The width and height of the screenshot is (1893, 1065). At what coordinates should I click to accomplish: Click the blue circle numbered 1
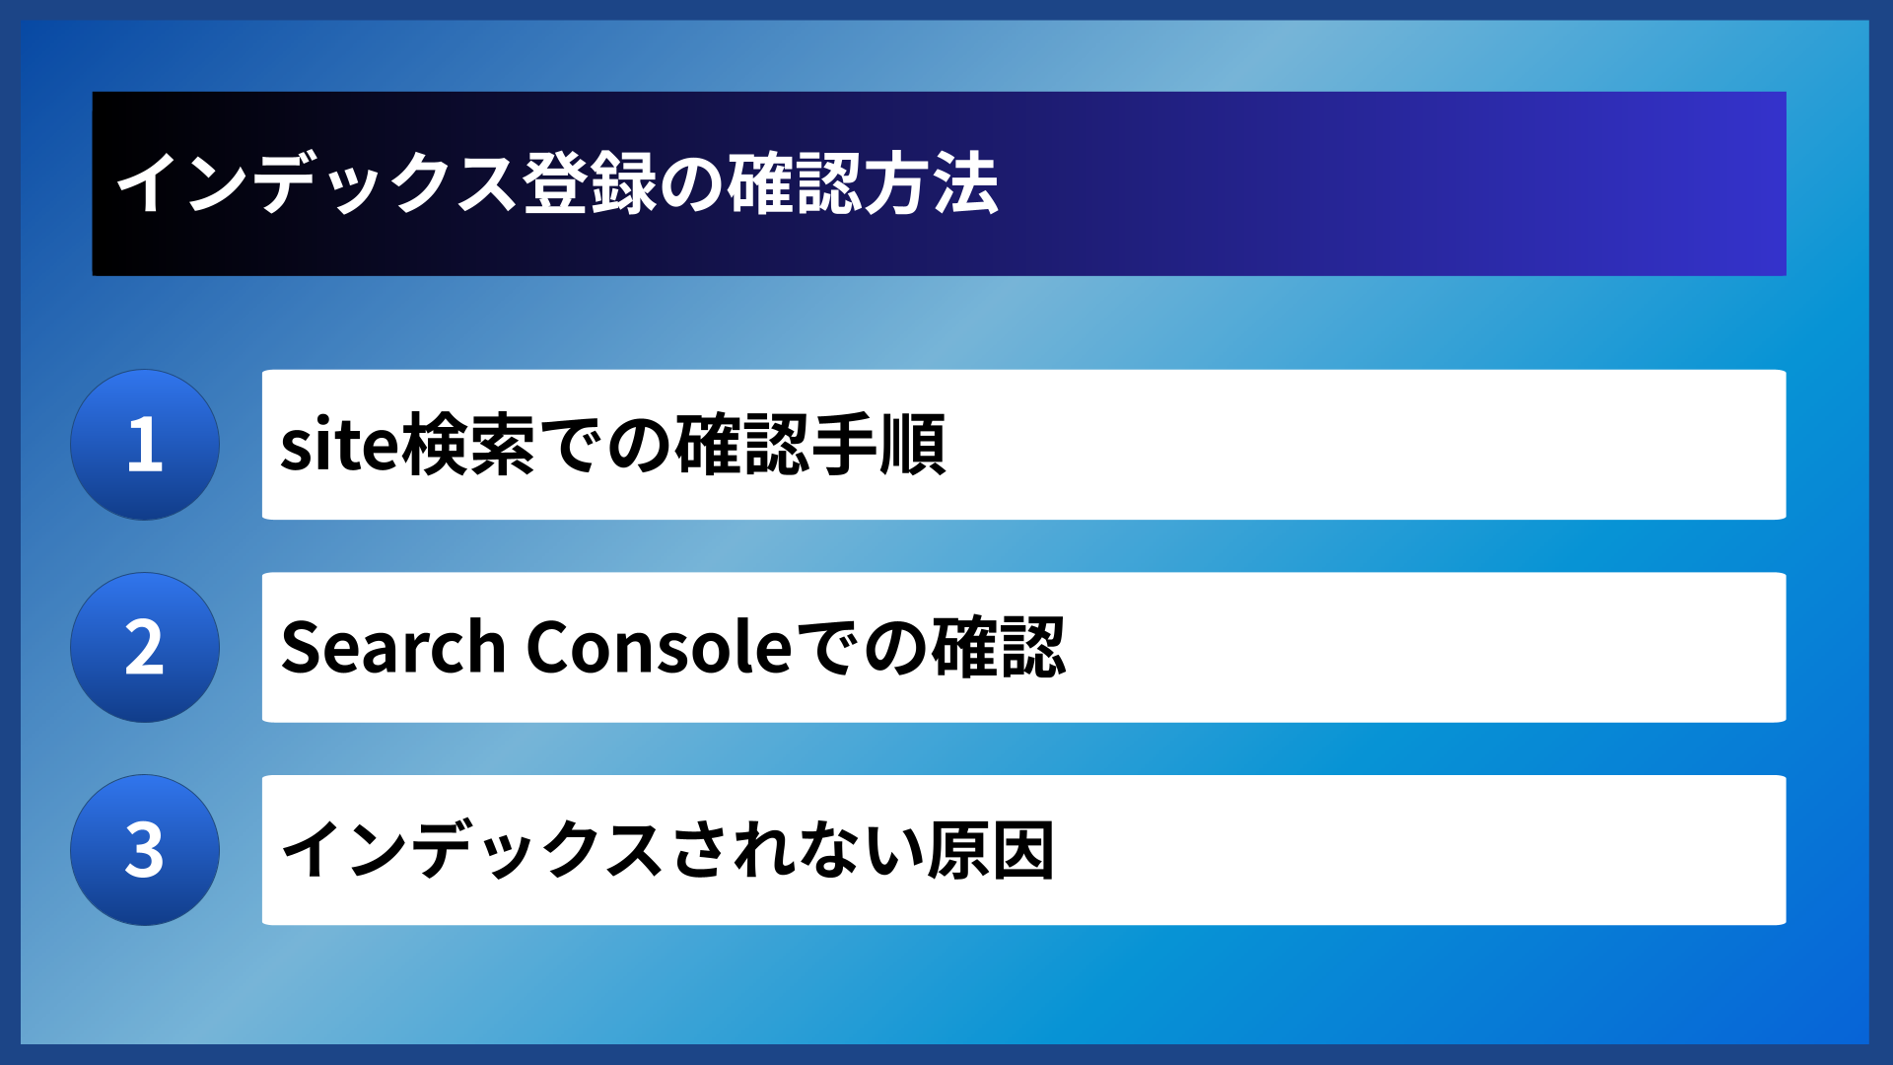tap(145, 445)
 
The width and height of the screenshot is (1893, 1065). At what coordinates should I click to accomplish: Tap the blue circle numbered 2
tap(145, 648)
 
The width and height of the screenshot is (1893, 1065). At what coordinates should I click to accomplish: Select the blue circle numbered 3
tap(145, 850)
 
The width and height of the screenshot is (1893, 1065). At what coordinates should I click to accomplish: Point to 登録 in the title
tap(590, 184)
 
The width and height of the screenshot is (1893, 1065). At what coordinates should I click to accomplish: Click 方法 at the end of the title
tap(932, 184)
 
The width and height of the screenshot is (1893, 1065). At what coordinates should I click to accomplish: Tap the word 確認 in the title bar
tap(795, 184)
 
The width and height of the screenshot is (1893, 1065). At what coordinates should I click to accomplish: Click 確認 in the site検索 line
tap(741, 445)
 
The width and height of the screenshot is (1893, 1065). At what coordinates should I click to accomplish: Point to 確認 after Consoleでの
tap(999, 648)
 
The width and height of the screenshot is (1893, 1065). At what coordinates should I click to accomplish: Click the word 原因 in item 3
tap(991, 850)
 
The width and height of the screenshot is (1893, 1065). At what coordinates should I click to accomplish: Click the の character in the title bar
tap(692, 184)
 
